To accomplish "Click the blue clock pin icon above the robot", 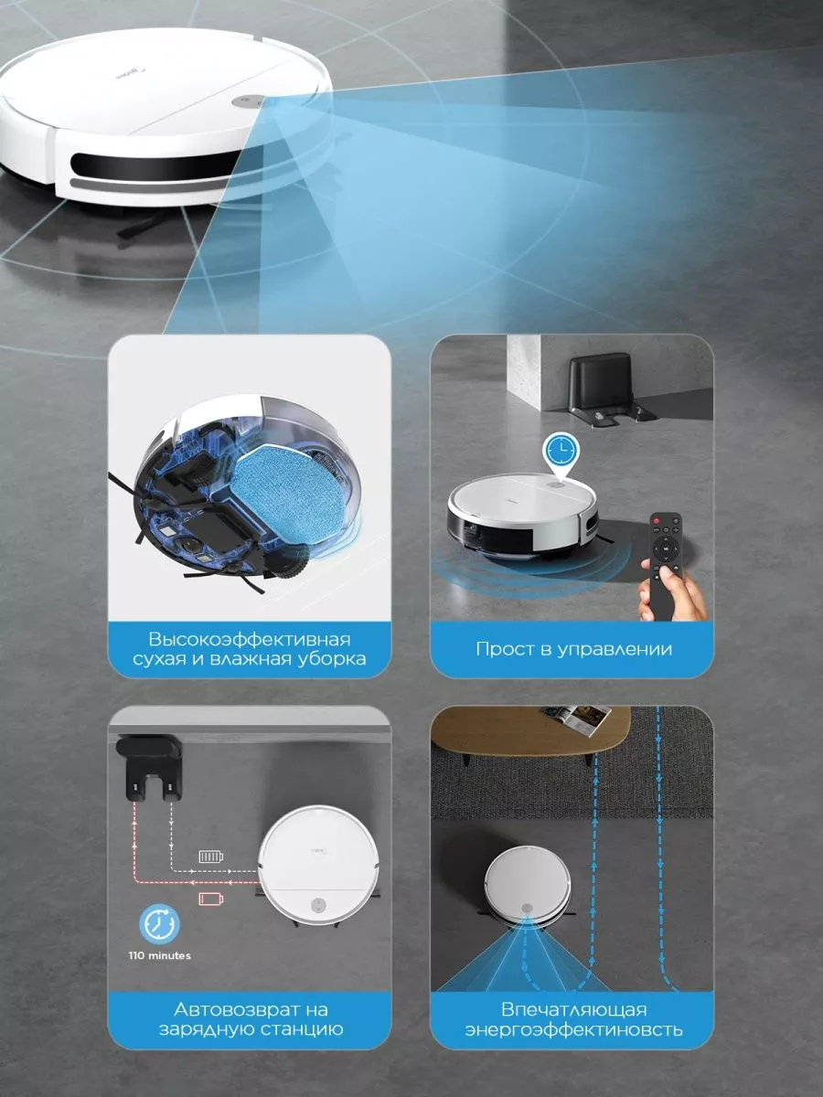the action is [x=561, y=456].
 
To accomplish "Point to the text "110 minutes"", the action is [x=159, y=955].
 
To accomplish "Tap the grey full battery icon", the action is [x=211, y=857].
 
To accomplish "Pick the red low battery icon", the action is [x=211, y=899].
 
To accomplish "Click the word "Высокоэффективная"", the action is [x=250, y=640].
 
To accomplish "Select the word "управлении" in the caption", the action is [x=615, y=649].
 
